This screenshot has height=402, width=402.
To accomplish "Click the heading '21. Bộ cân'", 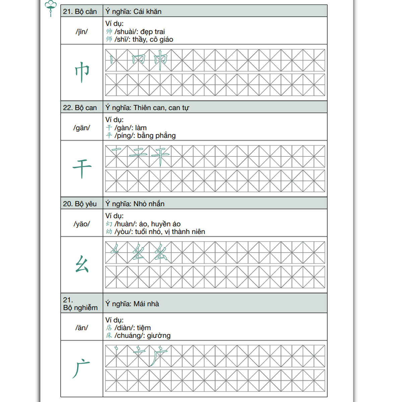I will (80, 11).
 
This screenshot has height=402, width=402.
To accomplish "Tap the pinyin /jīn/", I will (82, 32).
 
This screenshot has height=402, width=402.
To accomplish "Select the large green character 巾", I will (82, 73).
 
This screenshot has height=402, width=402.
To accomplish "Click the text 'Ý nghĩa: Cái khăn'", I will (133, 11).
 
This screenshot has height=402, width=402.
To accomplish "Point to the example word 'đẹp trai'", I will (152, 31).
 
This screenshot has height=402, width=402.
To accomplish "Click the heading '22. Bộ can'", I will (80, 108).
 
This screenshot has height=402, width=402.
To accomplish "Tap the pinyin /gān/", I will (82, 128).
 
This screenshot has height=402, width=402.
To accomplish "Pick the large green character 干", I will (82, 169).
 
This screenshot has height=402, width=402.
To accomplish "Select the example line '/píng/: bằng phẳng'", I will (145, 135).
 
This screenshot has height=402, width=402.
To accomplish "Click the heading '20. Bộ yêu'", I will (80, 204).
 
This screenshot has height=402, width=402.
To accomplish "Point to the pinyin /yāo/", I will (82, 224).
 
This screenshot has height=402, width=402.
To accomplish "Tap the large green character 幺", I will (82, 264).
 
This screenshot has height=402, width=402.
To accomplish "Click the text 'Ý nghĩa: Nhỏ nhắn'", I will (135, 204).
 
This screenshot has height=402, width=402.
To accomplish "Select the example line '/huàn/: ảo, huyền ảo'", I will (147, 224).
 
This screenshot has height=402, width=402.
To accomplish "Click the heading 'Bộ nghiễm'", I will (80, 308).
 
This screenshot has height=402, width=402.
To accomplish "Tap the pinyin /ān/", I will (82, 328).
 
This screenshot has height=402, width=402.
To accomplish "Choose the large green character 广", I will (81, 369).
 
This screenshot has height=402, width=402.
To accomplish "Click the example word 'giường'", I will (158, 335).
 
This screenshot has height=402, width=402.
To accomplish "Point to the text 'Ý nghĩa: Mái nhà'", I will (132, 304).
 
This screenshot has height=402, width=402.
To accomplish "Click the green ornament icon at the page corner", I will (51, 7).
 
